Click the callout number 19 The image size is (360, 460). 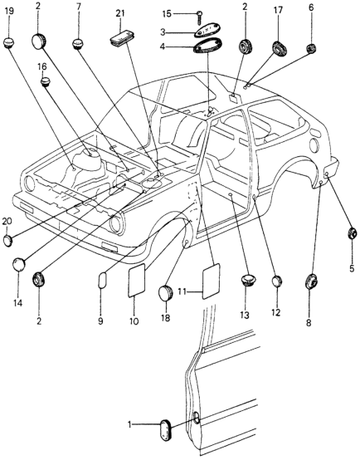tap(9, 12)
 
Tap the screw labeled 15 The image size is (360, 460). tap(200, 15)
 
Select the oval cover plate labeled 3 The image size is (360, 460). tap(208, 31)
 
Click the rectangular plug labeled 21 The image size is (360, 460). tap(121, 38)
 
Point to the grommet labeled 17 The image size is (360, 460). tap(279, 49)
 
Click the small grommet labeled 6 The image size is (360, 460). tap(311, 48)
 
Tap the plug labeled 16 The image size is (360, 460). tap(45, 81)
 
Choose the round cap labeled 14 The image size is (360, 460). tap(19, 264)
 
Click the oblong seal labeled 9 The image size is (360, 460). tap(102, 281)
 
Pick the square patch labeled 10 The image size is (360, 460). tap(137, 280)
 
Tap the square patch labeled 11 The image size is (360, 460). tap(211, 281)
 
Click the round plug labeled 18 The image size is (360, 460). tap(165, 292)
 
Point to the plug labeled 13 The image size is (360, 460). tap(248, 280)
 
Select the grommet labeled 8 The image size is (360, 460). tap(312, 281)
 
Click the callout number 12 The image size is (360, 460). tap(275, 312)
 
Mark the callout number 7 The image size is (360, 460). tap(78, 7)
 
